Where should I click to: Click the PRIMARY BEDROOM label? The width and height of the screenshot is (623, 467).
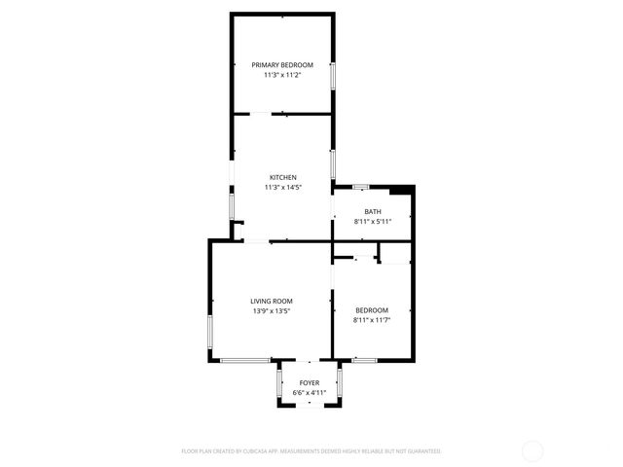coord(282,64)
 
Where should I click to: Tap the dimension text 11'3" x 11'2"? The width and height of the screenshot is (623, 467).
coord(282,74)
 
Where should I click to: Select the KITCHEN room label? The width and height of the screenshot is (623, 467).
coord(282,177)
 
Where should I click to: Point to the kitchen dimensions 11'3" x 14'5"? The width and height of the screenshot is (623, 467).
coord(282,187)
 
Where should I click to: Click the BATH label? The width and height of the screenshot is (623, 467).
coord(373,211)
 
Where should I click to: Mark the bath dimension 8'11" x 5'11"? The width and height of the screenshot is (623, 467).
coord(373,221)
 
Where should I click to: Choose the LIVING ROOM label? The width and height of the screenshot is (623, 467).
coord(272,301)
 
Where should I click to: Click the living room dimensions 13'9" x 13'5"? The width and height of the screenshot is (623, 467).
coord(272,310)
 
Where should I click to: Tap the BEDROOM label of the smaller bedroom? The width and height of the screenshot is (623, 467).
coord(373,309)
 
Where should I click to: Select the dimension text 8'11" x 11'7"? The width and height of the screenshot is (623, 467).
coord(373,319)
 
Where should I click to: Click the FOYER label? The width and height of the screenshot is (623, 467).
coord(310,382)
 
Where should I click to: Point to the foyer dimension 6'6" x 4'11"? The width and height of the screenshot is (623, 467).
coord(310,392)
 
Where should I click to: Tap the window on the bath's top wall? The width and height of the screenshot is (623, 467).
coord(360,186)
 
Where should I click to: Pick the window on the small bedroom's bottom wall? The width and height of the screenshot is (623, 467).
coord(364,360)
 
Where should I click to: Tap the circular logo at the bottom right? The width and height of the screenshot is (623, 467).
coord(532,450)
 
